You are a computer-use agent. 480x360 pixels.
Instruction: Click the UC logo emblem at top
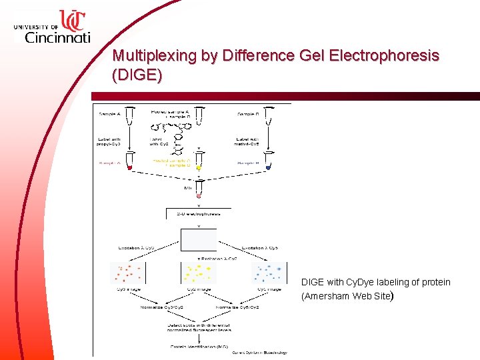(73, 21)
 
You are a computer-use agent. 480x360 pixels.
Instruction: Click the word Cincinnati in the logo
(57, 37)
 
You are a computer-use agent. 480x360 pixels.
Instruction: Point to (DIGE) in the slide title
(137, 75)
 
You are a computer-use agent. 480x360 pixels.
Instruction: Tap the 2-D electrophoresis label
(198, 214)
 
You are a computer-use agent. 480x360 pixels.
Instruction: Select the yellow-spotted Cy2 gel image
(198, 272)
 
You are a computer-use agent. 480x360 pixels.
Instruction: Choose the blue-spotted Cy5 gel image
(269, 272)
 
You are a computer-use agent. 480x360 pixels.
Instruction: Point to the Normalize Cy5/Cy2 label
(237, 307)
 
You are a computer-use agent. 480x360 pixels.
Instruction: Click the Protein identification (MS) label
(198, 346)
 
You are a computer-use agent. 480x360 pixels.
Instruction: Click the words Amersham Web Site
(345, 296)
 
